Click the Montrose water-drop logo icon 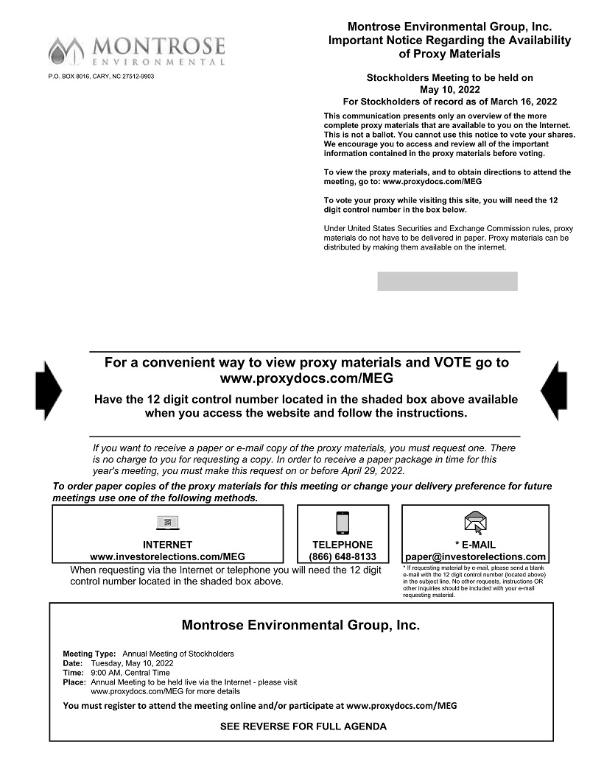[x=66, y=50]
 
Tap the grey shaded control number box [x=447, y=281]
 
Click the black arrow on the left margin [x=49, y=391]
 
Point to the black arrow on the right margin [x=554, y=391]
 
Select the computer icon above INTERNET [x=168, y=523]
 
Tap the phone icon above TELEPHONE [x=343, y=523]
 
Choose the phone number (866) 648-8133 [x=343, y=556]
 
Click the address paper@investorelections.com [x=476, y=556]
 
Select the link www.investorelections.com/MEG [x=167, y=556]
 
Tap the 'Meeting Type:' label [x=89, y=654]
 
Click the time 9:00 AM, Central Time [x=130, y=673]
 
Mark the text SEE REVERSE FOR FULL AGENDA [x=303, y=727]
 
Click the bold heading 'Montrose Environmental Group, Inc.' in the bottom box [x=301, y=626]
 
